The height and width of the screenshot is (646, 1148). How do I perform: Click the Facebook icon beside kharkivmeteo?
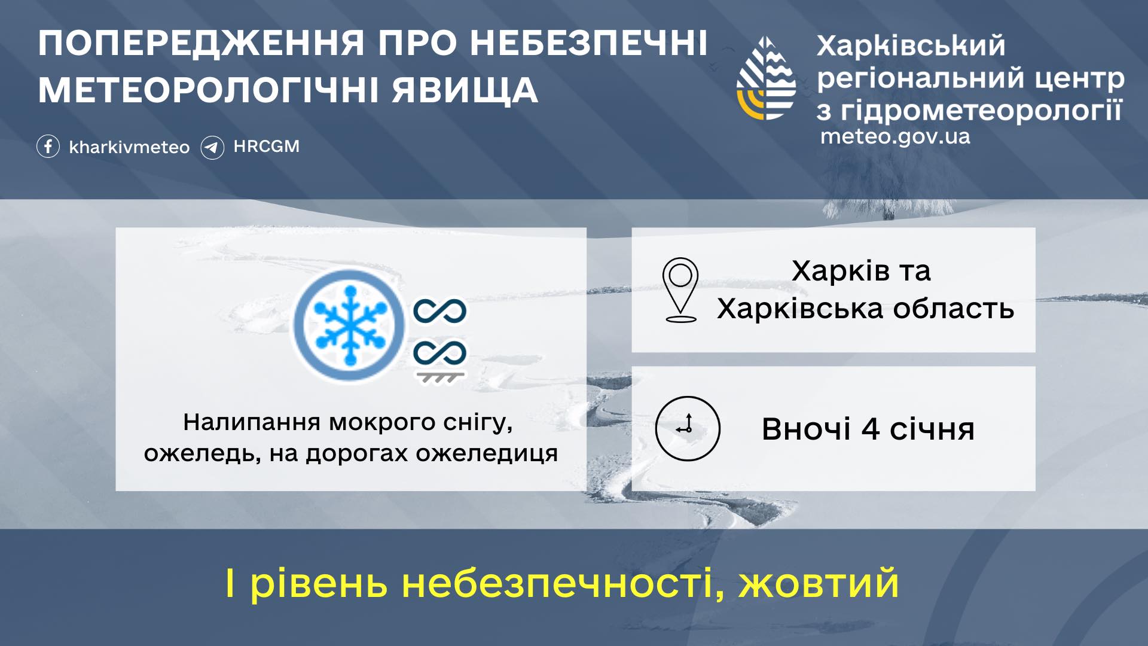48,147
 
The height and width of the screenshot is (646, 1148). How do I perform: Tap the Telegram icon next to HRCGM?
212,147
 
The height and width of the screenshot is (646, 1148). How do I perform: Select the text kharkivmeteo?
129,147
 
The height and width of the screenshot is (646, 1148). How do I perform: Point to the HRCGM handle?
267,147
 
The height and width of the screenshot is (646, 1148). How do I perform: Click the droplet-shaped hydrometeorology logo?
766,78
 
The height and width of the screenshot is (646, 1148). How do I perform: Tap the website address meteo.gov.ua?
895,137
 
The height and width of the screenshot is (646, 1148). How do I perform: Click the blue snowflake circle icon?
349,325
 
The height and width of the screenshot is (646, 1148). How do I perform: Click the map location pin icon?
680,290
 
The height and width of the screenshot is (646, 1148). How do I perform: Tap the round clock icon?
688,428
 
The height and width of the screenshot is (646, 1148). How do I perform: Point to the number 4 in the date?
870,429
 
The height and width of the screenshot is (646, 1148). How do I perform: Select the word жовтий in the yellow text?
819,583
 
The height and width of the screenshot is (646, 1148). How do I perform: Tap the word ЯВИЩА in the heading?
465,90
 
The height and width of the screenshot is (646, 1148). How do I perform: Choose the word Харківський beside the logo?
911,46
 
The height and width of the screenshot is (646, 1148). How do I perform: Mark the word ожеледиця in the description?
487,453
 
